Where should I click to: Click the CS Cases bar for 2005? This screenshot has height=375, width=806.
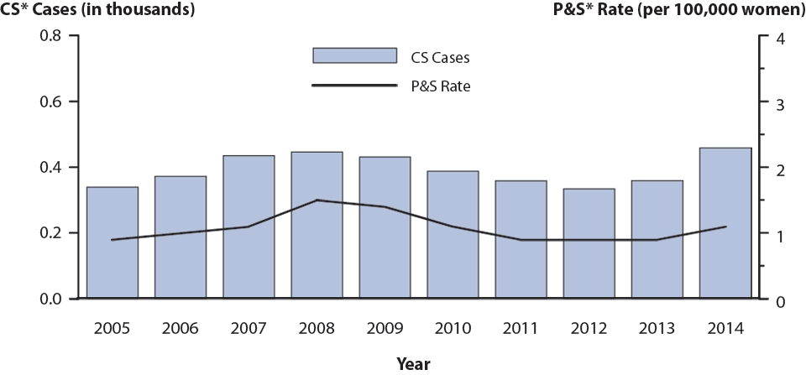point(113,242)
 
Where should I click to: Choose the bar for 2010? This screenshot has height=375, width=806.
point(453,235)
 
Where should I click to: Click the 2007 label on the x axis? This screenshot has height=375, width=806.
point(249,327)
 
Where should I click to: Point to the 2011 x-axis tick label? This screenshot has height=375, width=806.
point(521,327)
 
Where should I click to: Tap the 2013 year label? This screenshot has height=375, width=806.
point(657,327)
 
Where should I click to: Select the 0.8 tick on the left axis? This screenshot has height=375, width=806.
point(52,36)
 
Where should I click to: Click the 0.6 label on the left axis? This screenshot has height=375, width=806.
point(52,102)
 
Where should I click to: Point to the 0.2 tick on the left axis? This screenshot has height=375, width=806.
point(52,233)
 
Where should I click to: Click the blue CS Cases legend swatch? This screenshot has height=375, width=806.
point(354,55)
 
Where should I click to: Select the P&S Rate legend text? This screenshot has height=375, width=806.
point(441,86)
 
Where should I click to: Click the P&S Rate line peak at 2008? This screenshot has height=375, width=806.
point(317,200)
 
